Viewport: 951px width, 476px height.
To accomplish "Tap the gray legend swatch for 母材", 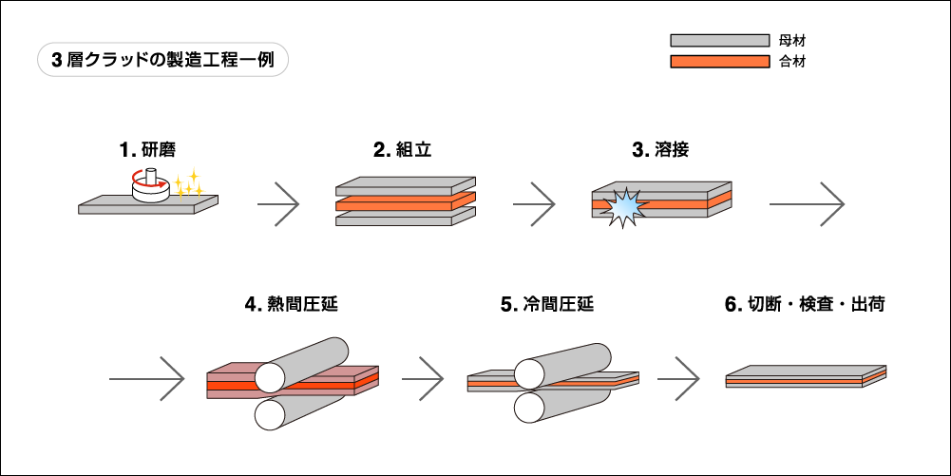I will click(719, 41).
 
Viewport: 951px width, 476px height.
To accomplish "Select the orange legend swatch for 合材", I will click(719, 62).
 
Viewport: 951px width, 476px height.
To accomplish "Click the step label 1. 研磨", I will click(147, 149).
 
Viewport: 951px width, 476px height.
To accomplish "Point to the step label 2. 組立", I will click(396, 149).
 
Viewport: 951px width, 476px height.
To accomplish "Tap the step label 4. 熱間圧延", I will click(291, 305).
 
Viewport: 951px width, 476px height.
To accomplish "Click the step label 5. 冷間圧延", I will click(547, 305).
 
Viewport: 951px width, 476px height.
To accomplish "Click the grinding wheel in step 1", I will click(150, 189).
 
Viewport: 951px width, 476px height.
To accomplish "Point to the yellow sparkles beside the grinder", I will click(189, 183).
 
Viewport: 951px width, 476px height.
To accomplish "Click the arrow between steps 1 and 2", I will click(279, 203).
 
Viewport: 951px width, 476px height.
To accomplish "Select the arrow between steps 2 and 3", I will click(534, 203).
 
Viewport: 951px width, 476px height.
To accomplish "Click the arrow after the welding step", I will click(807, 203).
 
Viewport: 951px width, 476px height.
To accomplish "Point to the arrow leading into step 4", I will click(146, 378).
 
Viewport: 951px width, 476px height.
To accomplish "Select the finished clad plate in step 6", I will click(806, 377).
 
